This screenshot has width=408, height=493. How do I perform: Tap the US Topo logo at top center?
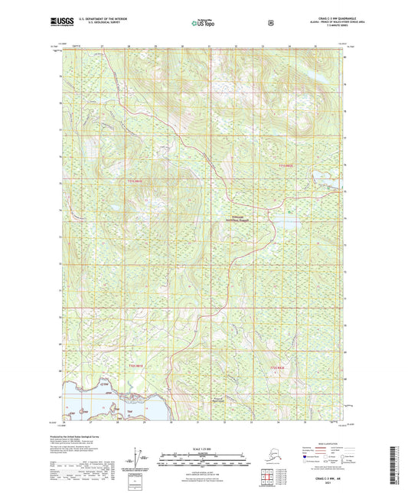click(x=203, y=24)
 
